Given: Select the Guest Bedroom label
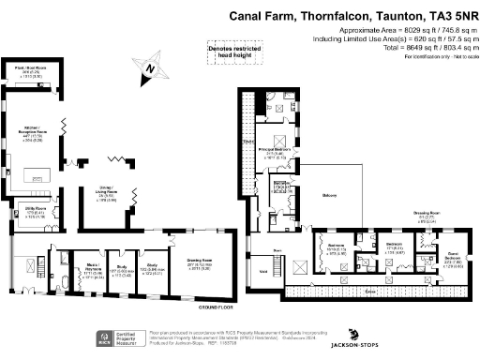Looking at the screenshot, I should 454,255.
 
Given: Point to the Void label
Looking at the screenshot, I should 263,271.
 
